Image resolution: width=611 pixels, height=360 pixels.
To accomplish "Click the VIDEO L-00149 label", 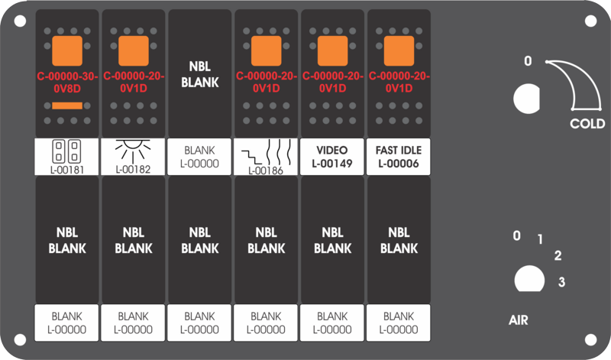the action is (332, 157).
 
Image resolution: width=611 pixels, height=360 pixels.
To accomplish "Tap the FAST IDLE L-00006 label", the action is (399, 157).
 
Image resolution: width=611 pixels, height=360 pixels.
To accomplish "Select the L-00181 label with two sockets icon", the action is (66, 157).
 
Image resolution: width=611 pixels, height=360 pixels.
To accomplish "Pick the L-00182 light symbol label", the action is (133, 157).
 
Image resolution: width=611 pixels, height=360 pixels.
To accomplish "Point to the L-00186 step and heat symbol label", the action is (266, 157).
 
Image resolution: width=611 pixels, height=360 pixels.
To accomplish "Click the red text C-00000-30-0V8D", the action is (67, 83).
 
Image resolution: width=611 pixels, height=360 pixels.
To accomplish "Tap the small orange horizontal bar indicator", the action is (67, 105).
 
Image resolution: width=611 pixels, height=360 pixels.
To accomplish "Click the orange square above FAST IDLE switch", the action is (399, 51).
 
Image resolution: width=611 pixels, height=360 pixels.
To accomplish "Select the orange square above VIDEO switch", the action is (333, 51).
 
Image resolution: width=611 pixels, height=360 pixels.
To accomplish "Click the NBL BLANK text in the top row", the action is (200, 74).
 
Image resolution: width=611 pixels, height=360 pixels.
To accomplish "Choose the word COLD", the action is (587, 124).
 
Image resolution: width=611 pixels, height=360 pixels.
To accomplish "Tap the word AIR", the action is (519, 320).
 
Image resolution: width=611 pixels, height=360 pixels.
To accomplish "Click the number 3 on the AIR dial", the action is (561, 281).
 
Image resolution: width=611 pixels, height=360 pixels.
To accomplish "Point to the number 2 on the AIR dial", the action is (558, 255).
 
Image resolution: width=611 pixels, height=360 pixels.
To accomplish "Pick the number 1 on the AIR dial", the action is (540, 239).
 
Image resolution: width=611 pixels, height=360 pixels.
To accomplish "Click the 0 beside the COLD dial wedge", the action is (528, 61).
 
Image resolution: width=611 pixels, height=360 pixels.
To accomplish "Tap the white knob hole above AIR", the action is (529, 279).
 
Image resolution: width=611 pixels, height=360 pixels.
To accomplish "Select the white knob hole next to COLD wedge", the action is (527, 99).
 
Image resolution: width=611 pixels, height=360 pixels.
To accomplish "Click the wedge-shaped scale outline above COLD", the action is (588, 78).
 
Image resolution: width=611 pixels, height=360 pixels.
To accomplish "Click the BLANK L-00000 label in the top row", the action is (199, 157).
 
